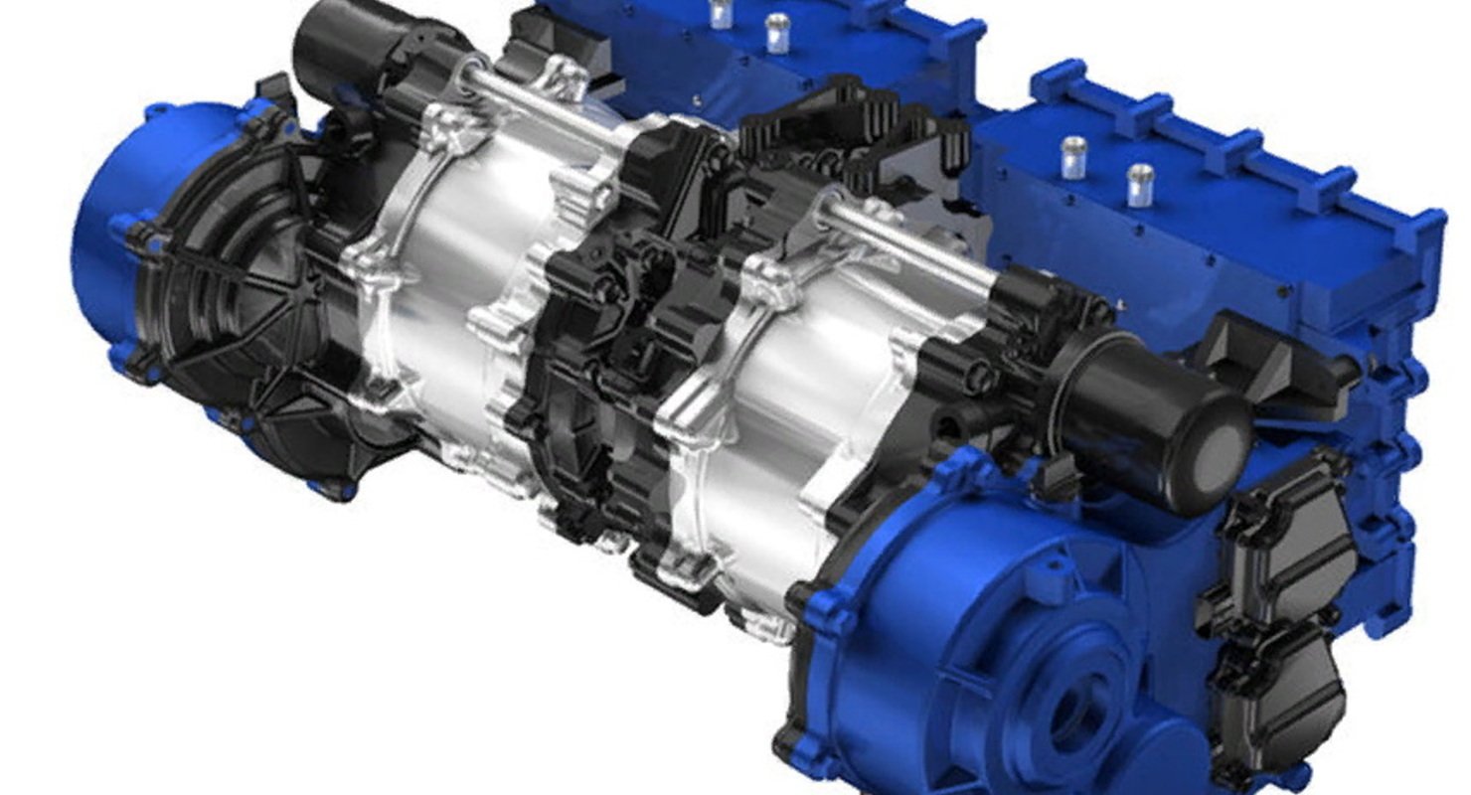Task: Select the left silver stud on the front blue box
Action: [x=1072, y=157]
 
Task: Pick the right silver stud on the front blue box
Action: [x=1139, y=184]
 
